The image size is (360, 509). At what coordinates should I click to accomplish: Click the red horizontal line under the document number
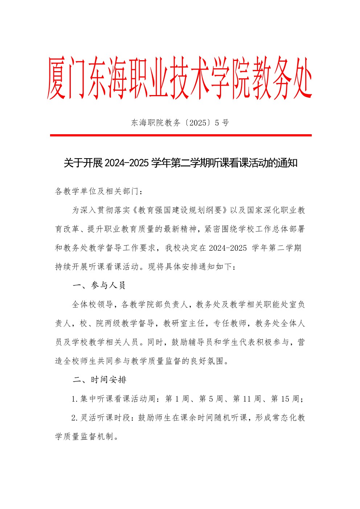pyautogui.click(x=180, y=135)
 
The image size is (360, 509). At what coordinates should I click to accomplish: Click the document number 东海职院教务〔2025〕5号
pyautogui.click(x=180, y=123)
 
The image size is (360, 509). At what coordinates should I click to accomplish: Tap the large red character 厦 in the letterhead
pyautogui.click(x=57, y=78)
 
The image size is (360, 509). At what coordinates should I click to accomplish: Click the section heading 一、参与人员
pyautogui.click(x=99, y=286)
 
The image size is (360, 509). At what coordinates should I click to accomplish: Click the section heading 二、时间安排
pyautogui.click(x=99, y=380)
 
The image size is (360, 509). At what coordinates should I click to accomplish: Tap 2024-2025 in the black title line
pyautogui.click(x=126, y=163)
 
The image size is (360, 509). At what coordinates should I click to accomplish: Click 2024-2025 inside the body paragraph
pyautogui.click(x=228, y=248)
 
